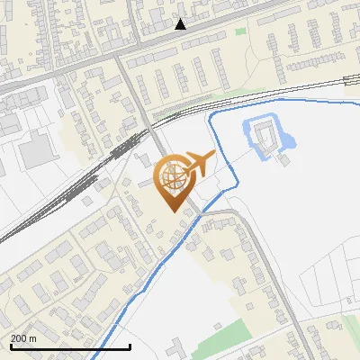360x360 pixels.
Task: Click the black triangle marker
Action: [x=181, y=24]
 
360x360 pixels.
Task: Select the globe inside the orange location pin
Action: [x=172, y=177]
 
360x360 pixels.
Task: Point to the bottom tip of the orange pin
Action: [x=172, y=211]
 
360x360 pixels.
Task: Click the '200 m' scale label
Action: [x=23, y=338]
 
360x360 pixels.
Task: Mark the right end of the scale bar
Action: [x=130, y=346]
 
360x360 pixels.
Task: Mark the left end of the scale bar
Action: [x=11, y=346]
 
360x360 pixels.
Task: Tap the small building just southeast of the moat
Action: [x=283, y=160]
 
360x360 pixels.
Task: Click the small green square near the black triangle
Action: [x=240, y=31]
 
